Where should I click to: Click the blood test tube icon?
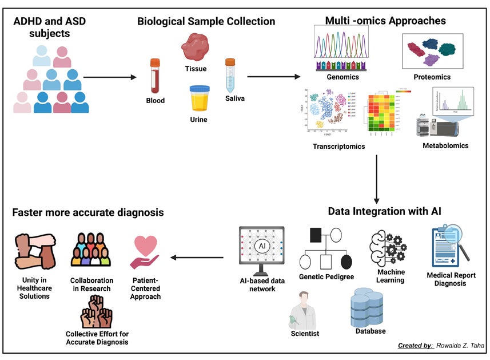tap(154, 75)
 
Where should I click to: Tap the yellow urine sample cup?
tap(200, 99)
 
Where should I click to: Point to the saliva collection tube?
tap(230, 74)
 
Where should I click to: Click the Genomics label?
tap(342, 76)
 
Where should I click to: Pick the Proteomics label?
tap(432, 77)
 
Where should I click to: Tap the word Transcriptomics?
tap(338, 147)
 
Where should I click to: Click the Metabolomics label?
tap(445, 146)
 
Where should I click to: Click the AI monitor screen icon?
tap(262, 250)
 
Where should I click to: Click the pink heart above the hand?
tap(146, 246)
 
